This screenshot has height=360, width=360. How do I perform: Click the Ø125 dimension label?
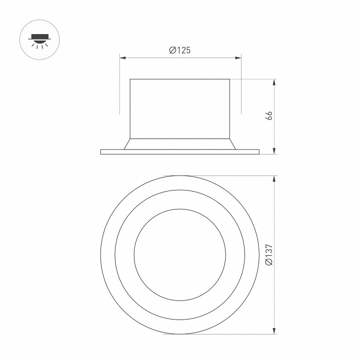180,50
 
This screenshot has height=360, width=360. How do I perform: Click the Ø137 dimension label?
268,255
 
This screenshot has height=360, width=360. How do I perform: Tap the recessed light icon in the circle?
38,38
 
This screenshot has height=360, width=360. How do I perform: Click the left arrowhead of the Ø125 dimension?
121,57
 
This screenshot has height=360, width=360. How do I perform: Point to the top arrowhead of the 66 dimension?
275,81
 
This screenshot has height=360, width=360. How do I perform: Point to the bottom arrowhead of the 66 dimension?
275,151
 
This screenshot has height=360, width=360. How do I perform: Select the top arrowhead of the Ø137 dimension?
275,178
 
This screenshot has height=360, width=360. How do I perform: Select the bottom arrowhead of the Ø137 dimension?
275,332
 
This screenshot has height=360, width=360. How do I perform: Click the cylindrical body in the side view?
180,107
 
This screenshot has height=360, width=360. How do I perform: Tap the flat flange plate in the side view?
180,151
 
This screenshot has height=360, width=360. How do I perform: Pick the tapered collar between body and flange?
180,143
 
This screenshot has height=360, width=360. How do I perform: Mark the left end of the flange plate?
101,151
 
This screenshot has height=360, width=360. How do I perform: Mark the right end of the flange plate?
258,151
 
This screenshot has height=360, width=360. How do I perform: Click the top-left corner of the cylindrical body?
130,79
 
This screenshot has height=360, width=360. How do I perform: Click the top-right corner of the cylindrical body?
230,79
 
